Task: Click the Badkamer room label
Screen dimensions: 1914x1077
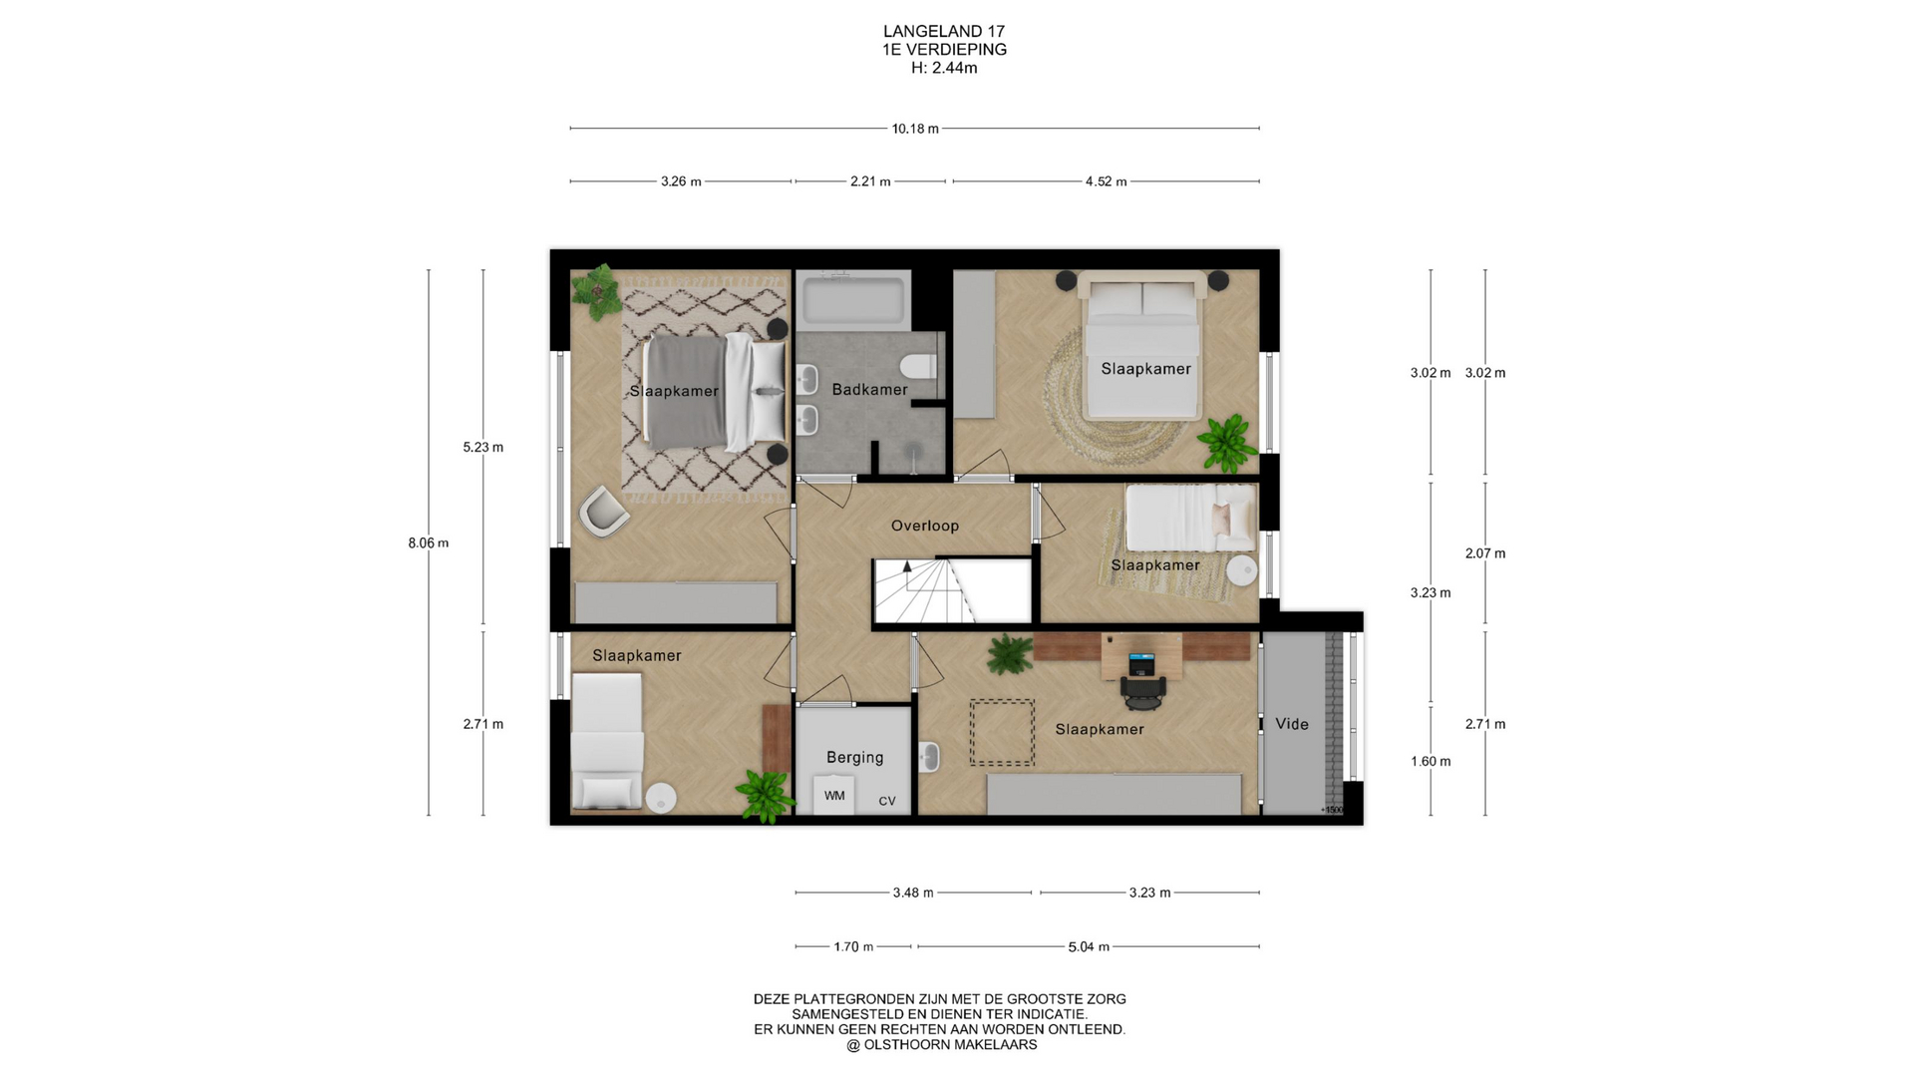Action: coord(869,390)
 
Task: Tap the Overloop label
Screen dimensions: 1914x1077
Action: coord(925,526)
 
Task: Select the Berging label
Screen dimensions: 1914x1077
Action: coord(854,758)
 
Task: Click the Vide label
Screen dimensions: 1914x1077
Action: coord(1292,724)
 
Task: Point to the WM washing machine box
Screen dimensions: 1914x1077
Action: coord(834,796)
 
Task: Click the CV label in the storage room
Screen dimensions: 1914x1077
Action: coord(887,801)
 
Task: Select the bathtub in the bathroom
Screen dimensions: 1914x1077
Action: coord(854,300)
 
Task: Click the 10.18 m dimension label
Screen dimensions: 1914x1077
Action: coord(915,129)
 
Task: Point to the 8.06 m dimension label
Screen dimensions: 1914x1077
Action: coord(429,543)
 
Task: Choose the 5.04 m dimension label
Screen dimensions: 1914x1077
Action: coord(1089,946)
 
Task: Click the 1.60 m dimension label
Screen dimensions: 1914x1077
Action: coord(1431,762)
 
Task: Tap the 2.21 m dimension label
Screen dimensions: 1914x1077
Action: coord(870,181)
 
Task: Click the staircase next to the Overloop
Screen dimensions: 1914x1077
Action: coord(952,590)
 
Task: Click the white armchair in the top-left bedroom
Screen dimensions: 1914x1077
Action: coord(604,512)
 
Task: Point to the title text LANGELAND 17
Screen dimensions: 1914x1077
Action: coord(944,32)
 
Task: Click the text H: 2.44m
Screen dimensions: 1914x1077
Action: coord(944,68)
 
